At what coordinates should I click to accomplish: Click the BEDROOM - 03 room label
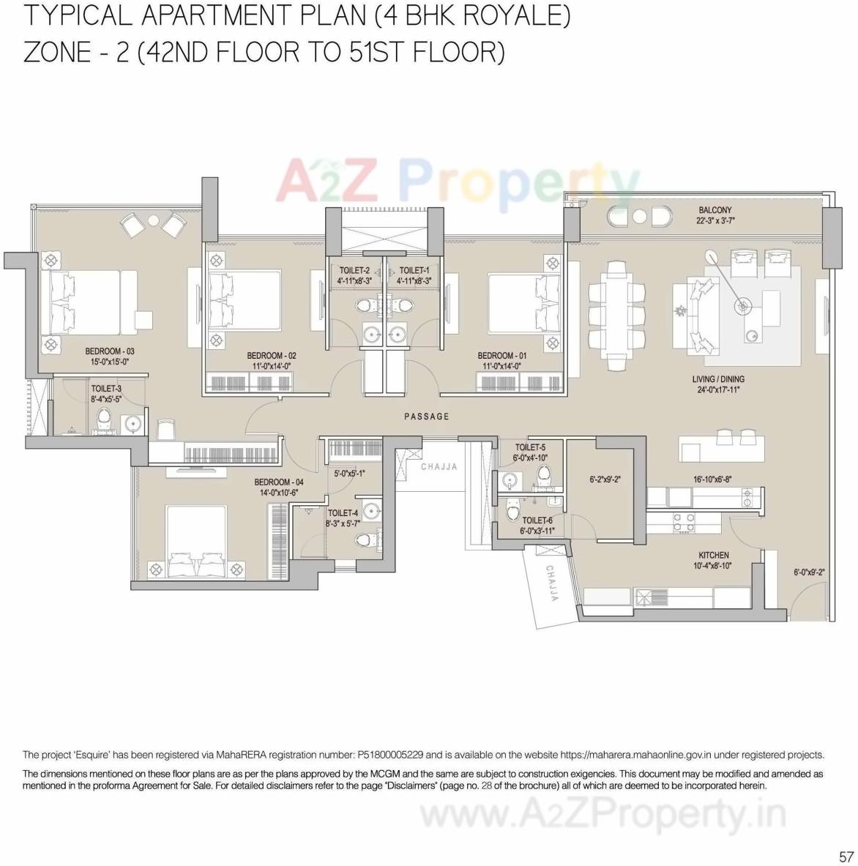(x=110, y=351)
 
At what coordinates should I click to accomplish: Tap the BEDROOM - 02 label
(x=272, y=356)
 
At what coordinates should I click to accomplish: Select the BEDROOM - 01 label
(x=502, y=356)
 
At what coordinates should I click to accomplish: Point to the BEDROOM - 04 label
(x=279, y=482)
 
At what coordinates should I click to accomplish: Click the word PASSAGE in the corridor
(x=427, y=417)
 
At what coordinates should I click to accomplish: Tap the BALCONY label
(x=715, y=210)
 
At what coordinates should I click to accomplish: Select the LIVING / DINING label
(x=718, y=379)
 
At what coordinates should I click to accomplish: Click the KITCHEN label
(x=713, y=556)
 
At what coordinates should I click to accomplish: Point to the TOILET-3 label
(x=106, y=389)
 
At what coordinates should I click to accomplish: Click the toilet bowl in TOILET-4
(x=364, y=540)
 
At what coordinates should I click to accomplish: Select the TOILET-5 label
(x=530, y=447)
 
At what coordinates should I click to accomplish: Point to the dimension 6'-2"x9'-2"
(x=605, y=480)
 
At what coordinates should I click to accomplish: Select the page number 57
(x=846, y=856)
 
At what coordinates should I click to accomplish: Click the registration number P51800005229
(x=389, y=755)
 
